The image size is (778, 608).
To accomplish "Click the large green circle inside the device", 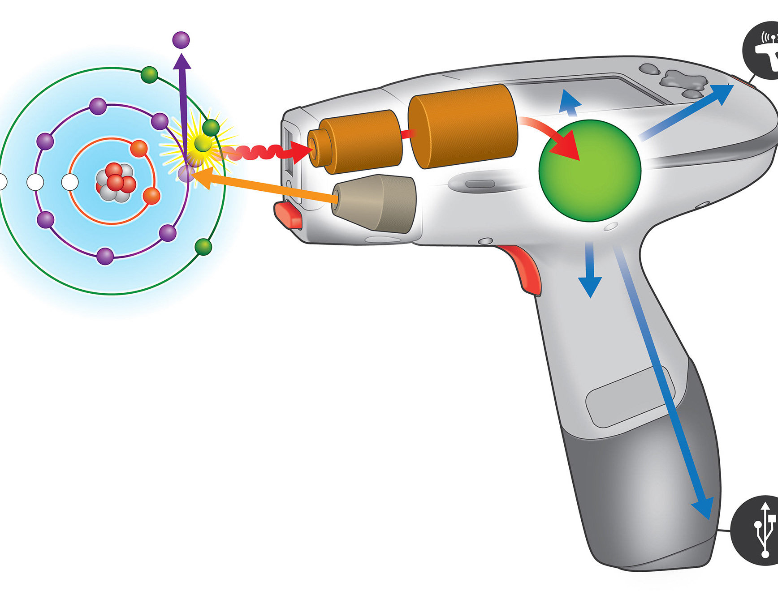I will pos(590,171).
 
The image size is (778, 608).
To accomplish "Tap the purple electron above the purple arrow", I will pos(181,40).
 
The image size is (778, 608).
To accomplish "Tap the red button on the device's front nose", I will pos(289,215).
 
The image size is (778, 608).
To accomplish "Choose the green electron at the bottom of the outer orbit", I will pos(203,247).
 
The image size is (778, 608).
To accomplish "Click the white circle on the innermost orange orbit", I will pos(69,182).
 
